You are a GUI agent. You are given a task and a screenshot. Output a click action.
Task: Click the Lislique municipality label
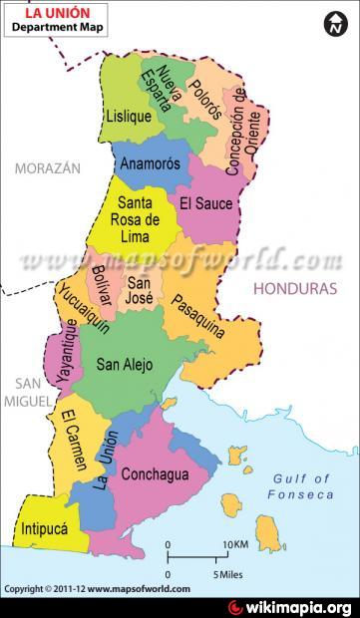(128, 117)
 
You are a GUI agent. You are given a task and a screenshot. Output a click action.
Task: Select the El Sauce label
(205, 204)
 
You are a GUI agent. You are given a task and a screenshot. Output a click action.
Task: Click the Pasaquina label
(197, 317)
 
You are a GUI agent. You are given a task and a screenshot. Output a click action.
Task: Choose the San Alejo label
(125, 365)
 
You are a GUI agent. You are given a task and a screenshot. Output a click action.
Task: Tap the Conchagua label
(155, 474)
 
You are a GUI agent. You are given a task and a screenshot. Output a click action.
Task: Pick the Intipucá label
(43, 529)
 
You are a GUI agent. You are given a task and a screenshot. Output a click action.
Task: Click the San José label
(140, 290)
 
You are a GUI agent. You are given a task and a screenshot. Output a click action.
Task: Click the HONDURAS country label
(295, 288)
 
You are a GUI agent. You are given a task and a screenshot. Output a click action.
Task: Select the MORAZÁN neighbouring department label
(47, 168)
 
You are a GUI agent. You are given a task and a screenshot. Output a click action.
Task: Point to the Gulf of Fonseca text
(300, 486)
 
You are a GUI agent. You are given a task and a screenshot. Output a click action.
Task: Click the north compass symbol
(334, 23)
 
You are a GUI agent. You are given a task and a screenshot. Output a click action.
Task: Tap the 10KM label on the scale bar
(235, 544)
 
